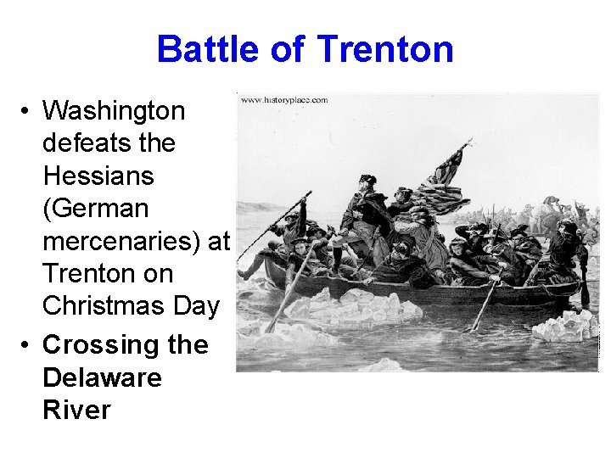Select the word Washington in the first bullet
click(x=113, y=110)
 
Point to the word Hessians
click(x=98, y=176)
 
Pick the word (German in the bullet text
click(x=95, y=209)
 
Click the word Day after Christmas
click(x=196, y=306)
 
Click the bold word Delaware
click(x=101, y=377)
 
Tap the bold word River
click(x=76, y=410)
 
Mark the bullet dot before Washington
click(x=27, y=111)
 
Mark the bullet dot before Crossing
click(x=27, y=345)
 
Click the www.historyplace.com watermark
click(x=284, y=100)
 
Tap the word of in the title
click(x=289, y=49)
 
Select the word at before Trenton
click(x=218, y=241)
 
